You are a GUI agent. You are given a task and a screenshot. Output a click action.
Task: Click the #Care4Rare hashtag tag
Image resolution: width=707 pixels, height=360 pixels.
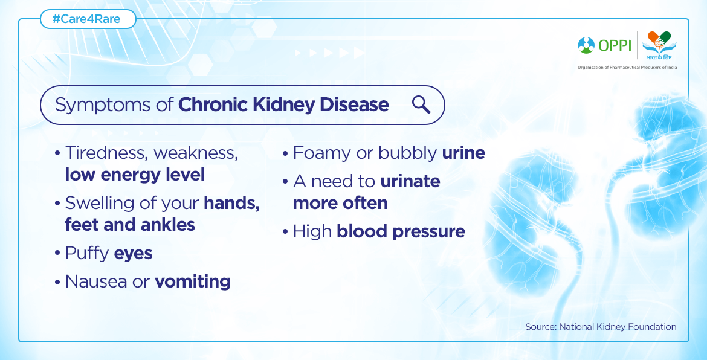(88, 19)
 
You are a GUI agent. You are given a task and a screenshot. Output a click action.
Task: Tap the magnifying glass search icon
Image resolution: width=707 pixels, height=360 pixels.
(421, 105)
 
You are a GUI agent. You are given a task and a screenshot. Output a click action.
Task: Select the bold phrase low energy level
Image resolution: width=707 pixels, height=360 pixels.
(135, 175)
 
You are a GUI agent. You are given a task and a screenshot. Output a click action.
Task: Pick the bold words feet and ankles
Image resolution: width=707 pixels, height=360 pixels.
(130, 224)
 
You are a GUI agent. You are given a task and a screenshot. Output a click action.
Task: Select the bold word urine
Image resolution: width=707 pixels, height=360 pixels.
(463, 153)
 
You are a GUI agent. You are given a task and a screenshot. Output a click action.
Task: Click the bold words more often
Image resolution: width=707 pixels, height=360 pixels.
(340, 203)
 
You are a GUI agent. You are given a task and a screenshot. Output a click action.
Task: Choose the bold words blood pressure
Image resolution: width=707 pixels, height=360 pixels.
(401, 232)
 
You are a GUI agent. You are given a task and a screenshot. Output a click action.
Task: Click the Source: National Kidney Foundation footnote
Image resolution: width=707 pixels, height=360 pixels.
(601, 327)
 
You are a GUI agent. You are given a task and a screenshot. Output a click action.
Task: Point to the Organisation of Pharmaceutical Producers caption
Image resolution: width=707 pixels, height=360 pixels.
(627, 67)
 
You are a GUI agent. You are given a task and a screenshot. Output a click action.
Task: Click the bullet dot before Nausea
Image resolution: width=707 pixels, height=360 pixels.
(57, 283)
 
